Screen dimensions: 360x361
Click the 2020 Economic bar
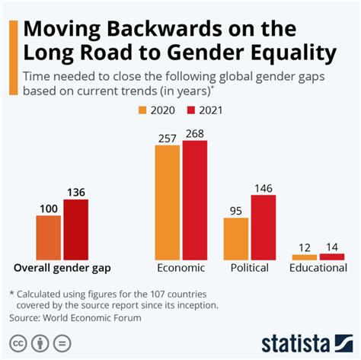(x=168, y=202)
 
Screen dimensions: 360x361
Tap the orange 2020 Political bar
(x=236, y=239)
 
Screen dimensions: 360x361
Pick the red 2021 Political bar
(x=263, y=228)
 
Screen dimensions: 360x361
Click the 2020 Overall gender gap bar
(x=49, y=237)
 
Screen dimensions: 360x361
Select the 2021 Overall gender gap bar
(x=75, y=230)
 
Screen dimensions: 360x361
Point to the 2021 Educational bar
(x=332, y=256)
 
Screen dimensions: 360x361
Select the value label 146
(x=263, y=188)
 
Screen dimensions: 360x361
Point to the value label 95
(x=236, y=211)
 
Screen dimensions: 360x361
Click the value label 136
(x=75, y=193)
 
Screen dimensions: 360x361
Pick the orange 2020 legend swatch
(x=142, y=109)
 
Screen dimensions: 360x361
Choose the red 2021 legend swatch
(x=193, y=109)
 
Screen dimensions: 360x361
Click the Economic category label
(x=181, y=268)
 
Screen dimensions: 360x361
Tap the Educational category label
(x=318, y=268)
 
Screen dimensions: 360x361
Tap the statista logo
(x=305, y=340)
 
